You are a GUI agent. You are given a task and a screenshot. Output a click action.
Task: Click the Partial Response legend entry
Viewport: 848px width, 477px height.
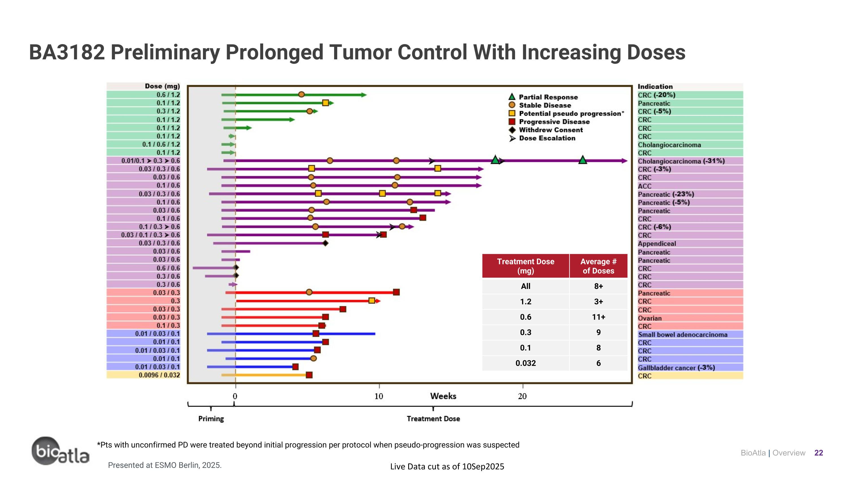(548, 97)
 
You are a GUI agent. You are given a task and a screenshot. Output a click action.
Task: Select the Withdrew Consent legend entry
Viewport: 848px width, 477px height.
(550, 130)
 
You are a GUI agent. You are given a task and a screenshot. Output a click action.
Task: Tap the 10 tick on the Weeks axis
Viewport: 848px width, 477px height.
(379, 396)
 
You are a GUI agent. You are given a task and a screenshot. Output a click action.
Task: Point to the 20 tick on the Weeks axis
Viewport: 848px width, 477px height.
(522, 396)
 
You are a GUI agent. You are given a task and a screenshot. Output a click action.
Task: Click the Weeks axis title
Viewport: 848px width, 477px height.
(443, 396)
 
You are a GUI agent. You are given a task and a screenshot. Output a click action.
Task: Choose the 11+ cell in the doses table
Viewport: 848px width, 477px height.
(598, 317)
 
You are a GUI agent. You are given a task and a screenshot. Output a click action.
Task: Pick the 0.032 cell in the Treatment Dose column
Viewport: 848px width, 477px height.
(525, 363)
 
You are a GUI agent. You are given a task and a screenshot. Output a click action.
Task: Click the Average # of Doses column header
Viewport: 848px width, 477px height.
(598, 266)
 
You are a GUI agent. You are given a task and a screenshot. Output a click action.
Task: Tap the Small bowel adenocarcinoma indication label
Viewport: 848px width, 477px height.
(682, 335)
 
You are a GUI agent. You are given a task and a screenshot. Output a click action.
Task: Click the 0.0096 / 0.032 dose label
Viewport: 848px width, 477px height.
(159, 375)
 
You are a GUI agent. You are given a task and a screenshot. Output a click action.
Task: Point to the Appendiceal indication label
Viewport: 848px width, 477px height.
(657, 244)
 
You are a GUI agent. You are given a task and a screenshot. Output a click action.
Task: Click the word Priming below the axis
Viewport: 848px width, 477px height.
(211, 419)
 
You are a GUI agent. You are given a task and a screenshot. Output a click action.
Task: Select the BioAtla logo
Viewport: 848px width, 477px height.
(60, 452)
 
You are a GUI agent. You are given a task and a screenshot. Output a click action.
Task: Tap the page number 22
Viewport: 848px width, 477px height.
(818, 453)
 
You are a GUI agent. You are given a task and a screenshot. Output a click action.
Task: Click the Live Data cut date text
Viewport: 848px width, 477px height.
(447, 467)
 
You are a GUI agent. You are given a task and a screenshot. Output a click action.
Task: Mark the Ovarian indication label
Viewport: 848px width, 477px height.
(650, 318)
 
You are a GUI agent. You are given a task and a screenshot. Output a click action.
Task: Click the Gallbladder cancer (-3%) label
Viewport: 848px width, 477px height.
(676, 368)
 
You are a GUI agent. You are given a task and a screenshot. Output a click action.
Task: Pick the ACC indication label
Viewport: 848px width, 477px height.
(644, 186)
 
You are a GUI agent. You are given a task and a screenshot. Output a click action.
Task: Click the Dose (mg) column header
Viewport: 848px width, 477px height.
(162, 86)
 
